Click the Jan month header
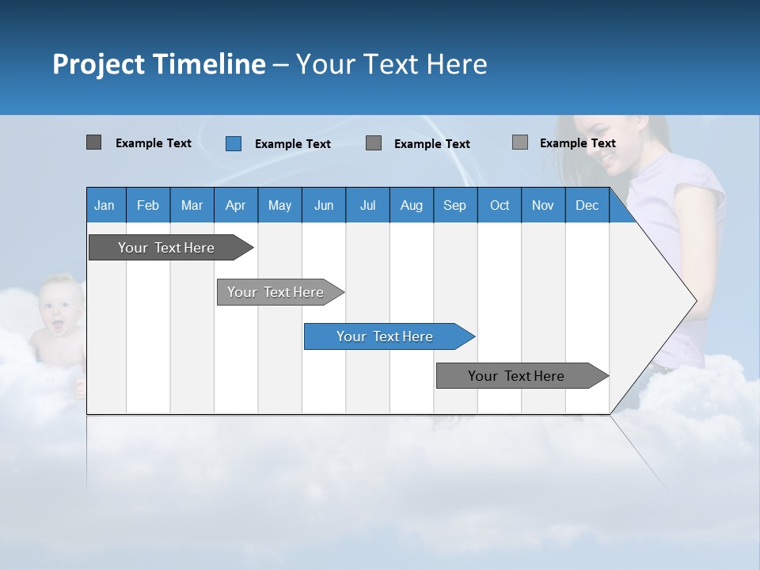click(104, 206)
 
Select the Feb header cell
click(148, 206)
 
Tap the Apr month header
click(235, 206)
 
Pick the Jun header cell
click(324, 206)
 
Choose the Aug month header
click(411, 206)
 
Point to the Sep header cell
click(454, 206)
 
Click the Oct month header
click(500, 206)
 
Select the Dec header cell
click(587, 206)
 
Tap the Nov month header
click(543, 206)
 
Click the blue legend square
click(234, 143)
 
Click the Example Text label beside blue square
click(292, 144)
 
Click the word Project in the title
click(99, 64)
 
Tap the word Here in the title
click(457, 64)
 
